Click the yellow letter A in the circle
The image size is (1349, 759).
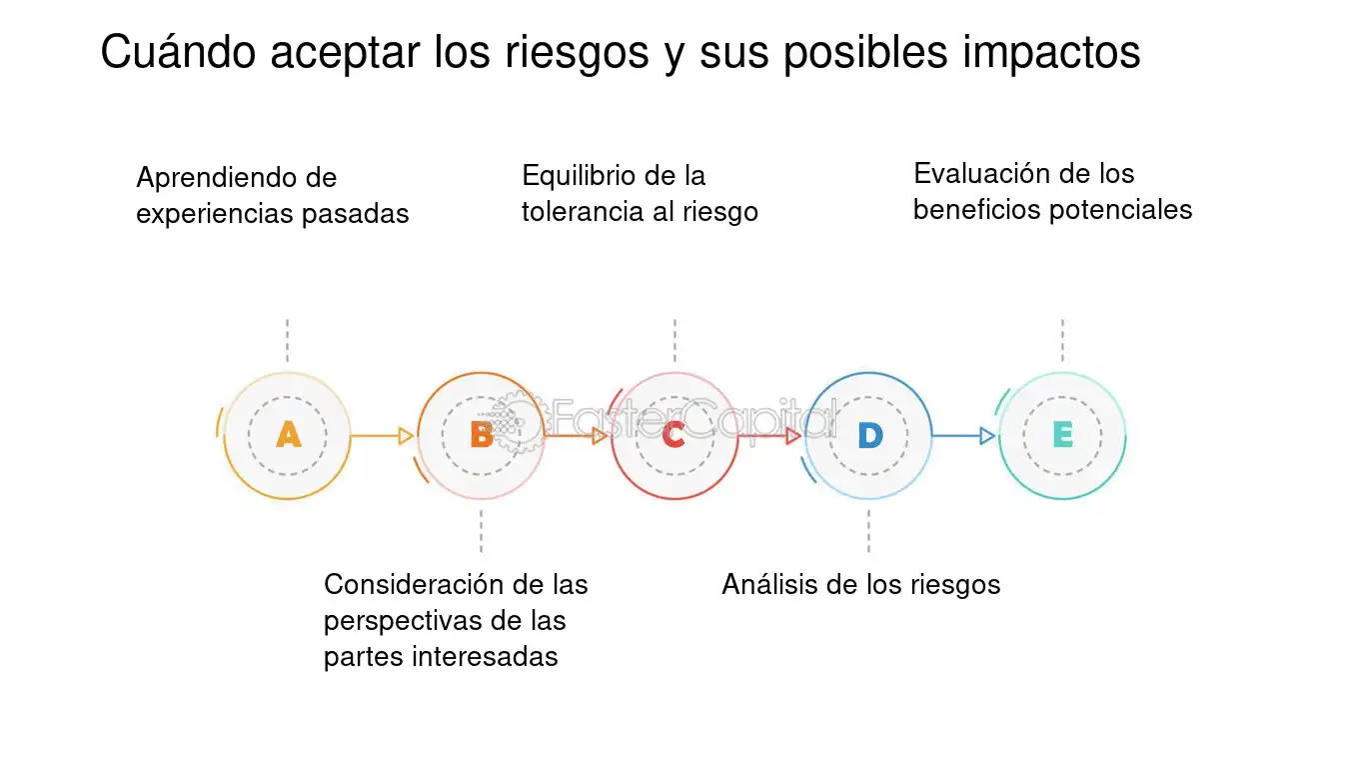point(288,435)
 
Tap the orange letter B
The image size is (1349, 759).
point(481,435)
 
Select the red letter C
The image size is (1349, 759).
point(674,435)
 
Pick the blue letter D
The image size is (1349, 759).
point(869,435)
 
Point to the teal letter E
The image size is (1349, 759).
point(1062,435)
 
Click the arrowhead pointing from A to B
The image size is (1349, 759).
point(406,436)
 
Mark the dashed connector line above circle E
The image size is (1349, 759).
point(1062,341)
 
